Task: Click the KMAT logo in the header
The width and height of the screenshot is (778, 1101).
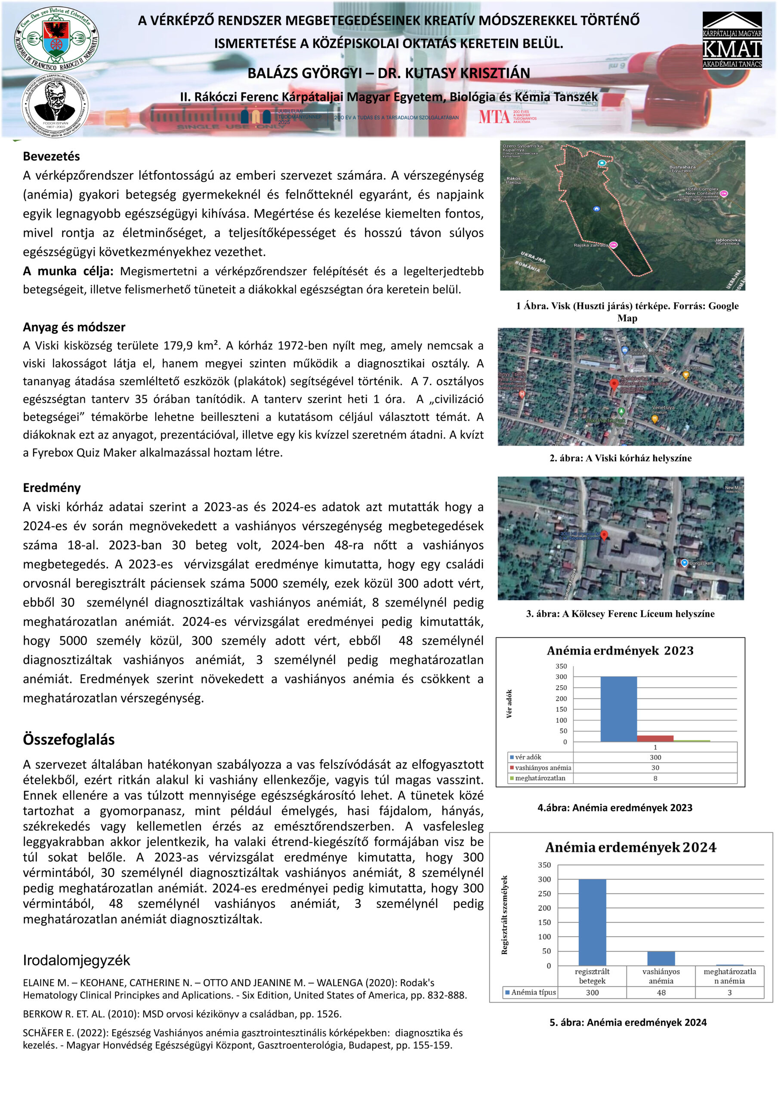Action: (732, 41)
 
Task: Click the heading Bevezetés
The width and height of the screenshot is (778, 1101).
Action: (51, 156)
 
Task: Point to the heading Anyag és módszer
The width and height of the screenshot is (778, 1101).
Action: (74, 327)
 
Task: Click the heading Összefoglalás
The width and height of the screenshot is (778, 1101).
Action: (68, 739)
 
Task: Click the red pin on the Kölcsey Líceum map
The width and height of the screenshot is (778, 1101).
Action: (604, 535)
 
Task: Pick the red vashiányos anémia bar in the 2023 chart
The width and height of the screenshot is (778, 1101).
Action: (655, 738)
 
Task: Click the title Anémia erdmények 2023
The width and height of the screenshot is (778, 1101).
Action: (620, 651)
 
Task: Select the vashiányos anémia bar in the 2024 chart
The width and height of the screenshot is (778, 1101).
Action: (661, 958)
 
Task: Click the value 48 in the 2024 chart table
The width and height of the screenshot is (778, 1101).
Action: (661, 993)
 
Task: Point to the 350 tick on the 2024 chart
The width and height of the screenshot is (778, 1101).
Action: (544, 865)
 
